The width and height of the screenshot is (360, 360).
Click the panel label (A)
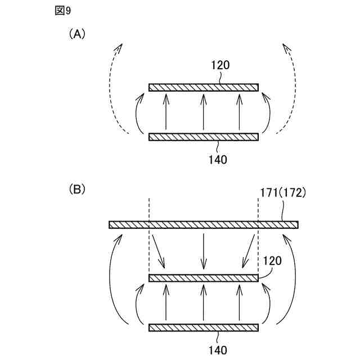pos(76,34)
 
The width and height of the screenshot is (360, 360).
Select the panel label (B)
pos(76,188)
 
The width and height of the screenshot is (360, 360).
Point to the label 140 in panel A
pos(217,159)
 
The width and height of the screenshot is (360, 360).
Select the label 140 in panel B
pos(217,350)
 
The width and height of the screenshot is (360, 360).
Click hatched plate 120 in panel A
pos(204,87)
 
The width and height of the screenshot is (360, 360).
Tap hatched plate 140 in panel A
pos(204,137)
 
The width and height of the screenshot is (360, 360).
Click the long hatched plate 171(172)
pos(204,225)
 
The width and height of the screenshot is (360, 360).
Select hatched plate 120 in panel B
pos(204,278)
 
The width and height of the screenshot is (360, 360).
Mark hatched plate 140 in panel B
pos(204,327)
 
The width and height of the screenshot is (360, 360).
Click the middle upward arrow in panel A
pos(204,112)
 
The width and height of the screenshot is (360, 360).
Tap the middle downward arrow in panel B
pos(204,250)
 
